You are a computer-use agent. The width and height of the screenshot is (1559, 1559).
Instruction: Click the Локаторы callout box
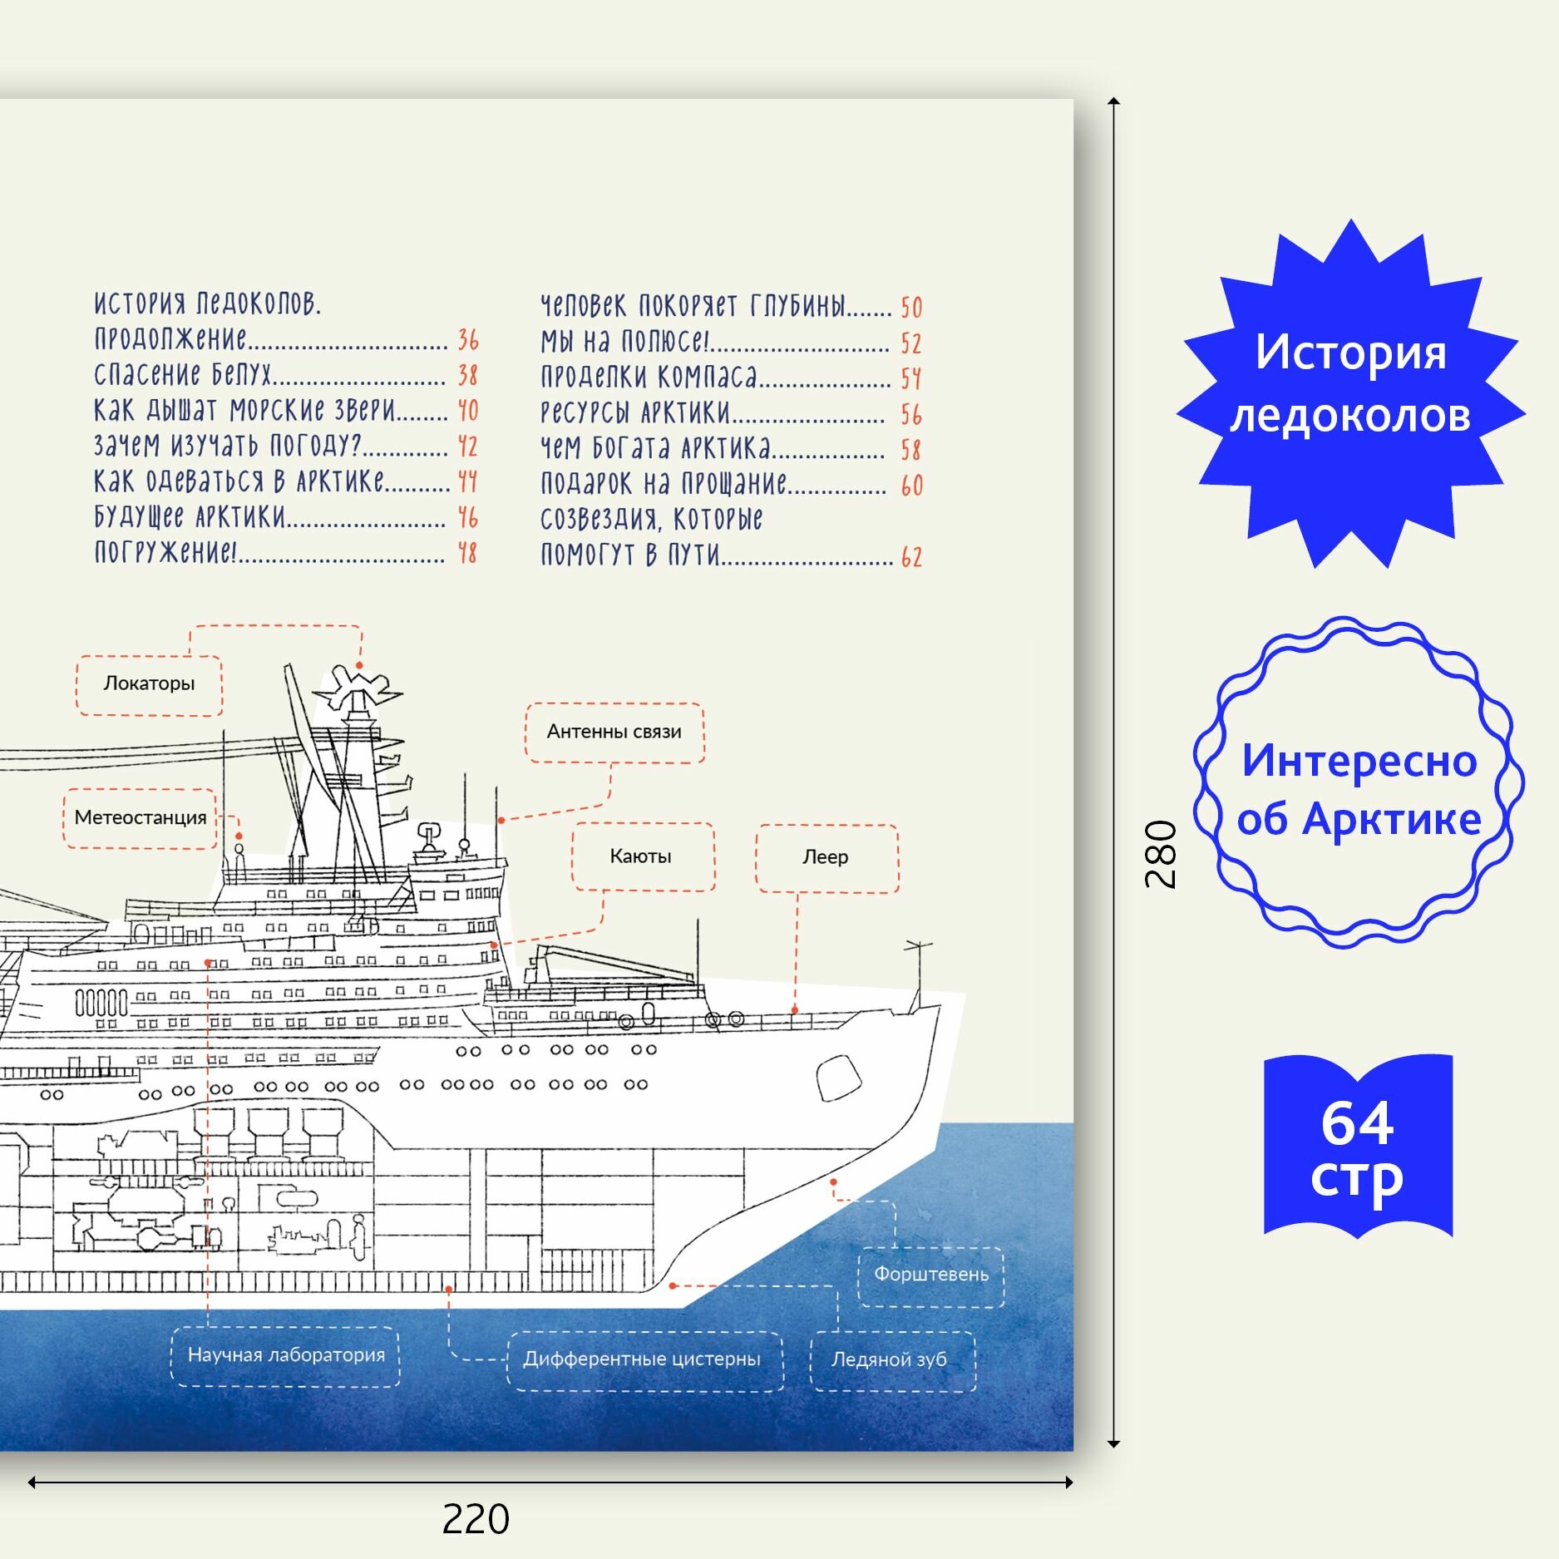coord(149,684)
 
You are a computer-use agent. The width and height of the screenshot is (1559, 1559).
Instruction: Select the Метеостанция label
coord(140,818)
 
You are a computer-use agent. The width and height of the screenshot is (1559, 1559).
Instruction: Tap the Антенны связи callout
coord(614,732)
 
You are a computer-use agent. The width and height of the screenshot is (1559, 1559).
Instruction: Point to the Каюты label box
coord(641,856)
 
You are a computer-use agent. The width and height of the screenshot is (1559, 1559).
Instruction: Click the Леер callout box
coord(826,857)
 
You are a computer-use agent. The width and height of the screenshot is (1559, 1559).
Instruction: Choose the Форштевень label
coord(930,1275)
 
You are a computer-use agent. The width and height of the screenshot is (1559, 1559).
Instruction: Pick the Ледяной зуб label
coord(890,1359)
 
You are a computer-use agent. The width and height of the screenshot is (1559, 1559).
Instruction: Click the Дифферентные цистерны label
coord(642,1359)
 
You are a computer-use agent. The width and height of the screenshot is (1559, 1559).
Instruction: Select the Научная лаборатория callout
coord(286,1355)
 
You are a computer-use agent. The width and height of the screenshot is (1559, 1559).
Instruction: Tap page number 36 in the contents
coord(468,339)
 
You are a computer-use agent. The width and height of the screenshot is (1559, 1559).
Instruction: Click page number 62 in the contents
coord(911,556)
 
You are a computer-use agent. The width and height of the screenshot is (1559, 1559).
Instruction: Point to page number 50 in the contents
coord(911,308)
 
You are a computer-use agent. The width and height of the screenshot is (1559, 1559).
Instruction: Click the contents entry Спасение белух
coord(183,375)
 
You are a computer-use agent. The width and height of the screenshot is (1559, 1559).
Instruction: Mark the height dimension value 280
coord(1161,855)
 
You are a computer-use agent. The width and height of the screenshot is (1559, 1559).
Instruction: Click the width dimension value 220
coord(476,1519)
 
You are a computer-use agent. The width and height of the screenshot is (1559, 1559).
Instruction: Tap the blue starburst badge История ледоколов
coord(1350,385)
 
